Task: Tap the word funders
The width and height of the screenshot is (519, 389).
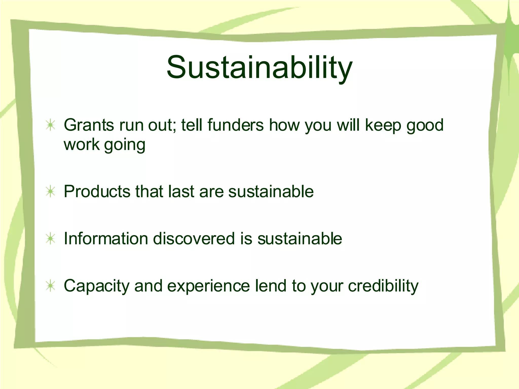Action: [x=235, y=125]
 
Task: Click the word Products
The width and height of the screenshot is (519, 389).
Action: [x=97, y=191]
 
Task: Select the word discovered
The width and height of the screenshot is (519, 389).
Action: [x=194, y=239]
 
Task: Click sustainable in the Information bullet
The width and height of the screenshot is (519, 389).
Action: [x=300, y=239]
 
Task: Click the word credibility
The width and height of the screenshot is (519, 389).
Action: [x=383, y=286]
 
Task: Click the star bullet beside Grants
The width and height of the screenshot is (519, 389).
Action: [x=51, y=125]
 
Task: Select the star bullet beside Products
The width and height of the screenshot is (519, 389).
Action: [x=51, y=191]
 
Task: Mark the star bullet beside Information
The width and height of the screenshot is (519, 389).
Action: [x=51, y=239]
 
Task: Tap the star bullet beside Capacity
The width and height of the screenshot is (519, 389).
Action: [x=51, y=286]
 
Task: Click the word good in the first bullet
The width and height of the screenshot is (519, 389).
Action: [x=425, y=126]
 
